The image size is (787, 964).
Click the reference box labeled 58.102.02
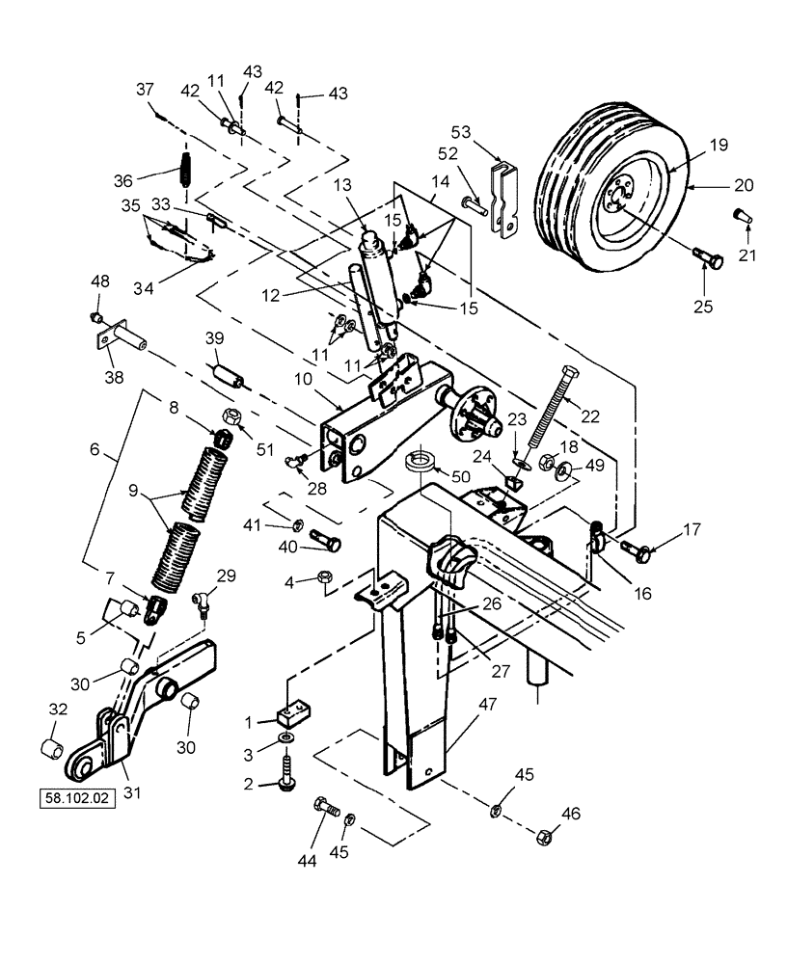click(77, 798)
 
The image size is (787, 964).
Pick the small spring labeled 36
click(186, 173)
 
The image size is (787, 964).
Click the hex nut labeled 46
click(545, 837)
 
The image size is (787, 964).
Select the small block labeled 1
click(293, 714)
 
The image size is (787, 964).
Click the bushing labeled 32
click(55, 749)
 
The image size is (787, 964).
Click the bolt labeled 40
click(324, 545)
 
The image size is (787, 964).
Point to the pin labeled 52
click(474, 204)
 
